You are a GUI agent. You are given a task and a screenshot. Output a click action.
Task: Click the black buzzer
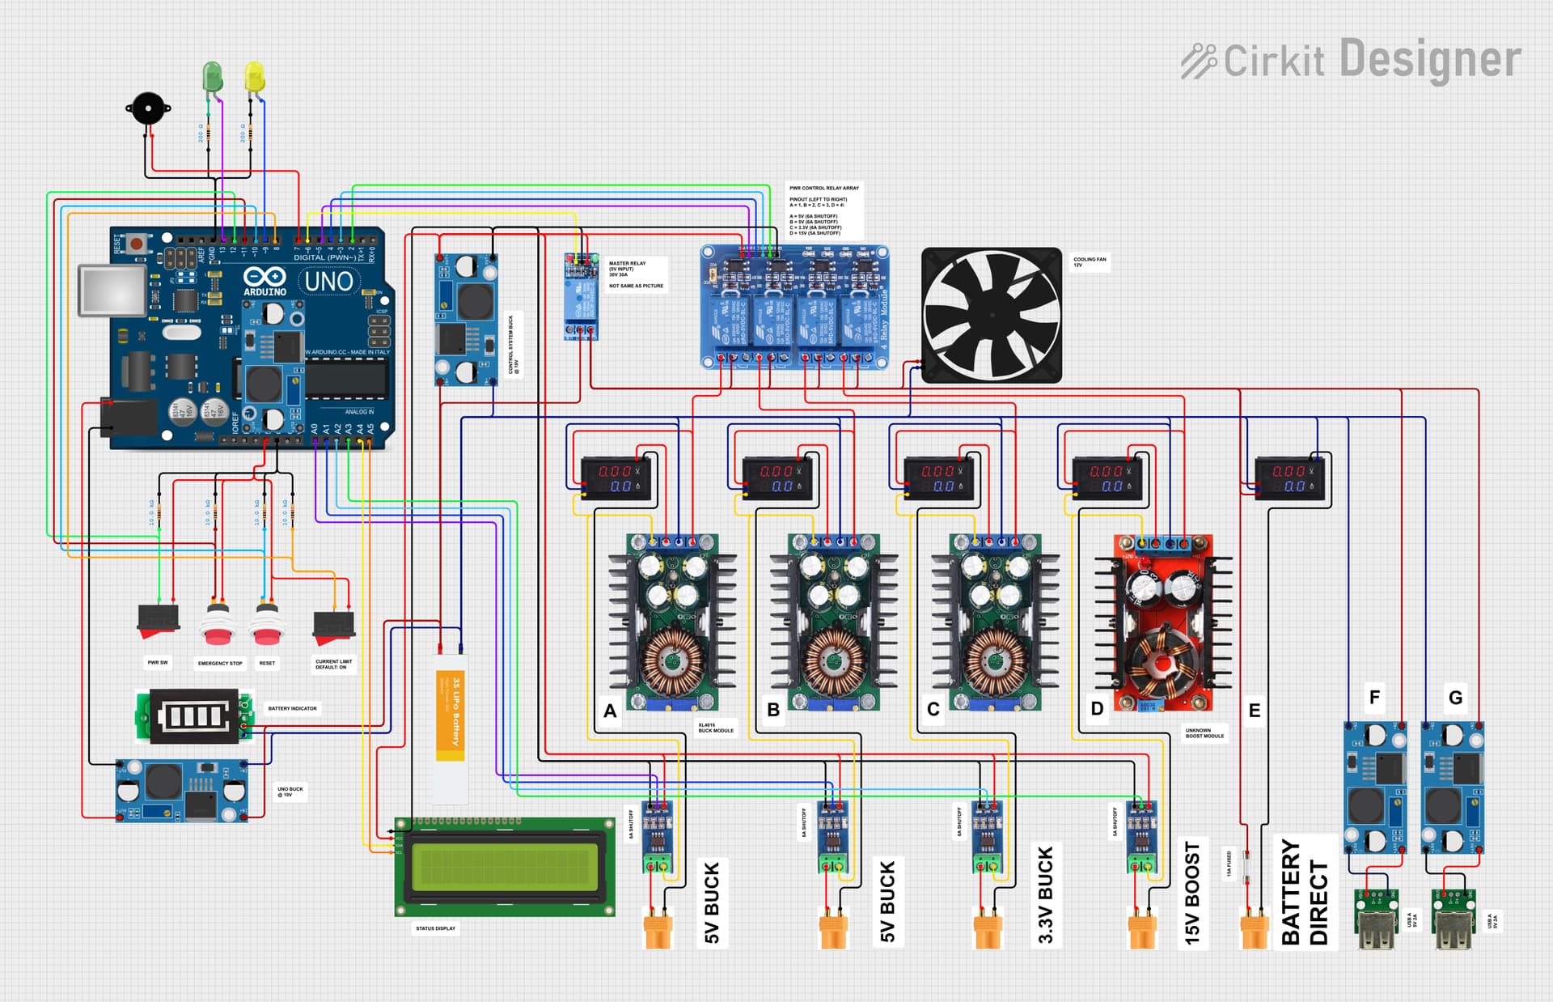[x=148, y=108]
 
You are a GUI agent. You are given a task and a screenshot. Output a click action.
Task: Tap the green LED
[x=212, y=77]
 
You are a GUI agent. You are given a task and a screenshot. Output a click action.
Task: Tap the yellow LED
[x=254, y=77]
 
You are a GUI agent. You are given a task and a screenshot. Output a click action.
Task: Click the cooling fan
[x=992, y=315]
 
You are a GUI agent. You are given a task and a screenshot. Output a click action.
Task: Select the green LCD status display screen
[x=505, y=867]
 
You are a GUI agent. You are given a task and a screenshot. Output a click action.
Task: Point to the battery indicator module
[x=193, y=716]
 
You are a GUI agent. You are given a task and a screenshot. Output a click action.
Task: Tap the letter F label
[x=1374, y=697]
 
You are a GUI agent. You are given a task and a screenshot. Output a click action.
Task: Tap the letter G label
[x=1455, y=697]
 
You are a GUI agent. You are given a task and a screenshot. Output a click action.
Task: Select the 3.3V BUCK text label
[x=1045, y=894]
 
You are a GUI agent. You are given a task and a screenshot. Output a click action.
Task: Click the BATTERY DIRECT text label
[x=1305, y=891]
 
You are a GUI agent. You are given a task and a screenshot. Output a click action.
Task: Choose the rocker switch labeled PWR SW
[x=159, y=619]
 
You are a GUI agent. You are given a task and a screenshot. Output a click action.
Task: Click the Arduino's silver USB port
[x=112, y=290]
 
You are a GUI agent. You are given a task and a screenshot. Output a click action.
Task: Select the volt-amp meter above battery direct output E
[x=1289, y=478]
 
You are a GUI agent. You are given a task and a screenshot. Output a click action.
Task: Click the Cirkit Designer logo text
[x=1351, y=60]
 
